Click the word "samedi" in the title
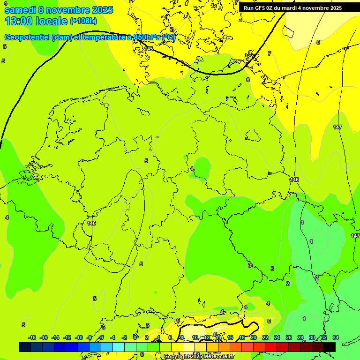point(20,10)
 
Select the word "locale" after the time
point(52,21)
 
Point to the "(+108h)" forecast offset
point(83,21)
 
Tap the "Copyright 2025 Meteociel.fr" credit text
point(200,357)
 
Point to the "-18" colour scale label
point(32,337)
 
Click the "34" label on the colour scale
point(335,337)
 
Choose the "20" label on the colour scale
point(253,337)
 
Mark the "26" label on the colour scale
point(288,337)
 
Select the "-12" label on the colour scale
point(67,337)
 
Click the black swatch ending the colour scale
point(330,347)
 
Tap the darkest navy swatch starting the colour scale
point(25,347)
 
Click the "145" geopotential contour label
point(149,49)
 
